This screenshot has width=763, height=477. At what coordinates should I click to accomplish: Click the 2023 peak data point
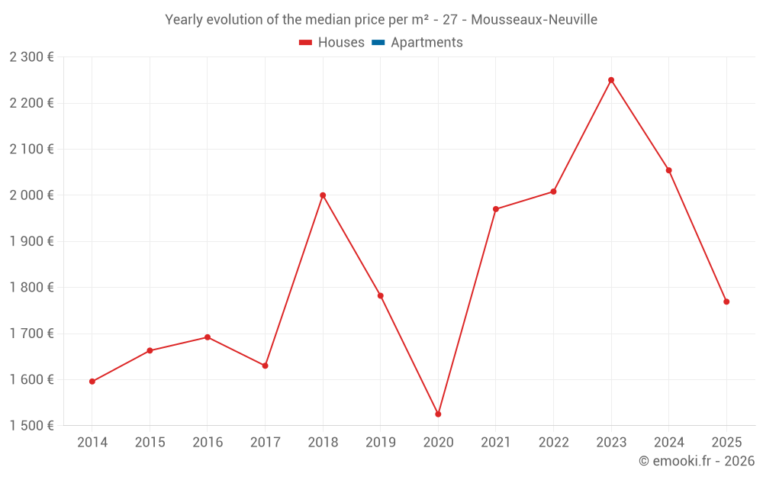[x=611, y=80]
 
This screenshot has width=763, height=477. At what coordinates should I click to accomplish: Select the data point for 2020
[x=438, y=414]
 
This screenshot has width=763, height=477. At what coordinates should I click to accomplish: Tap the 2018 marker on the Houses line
[x=323, y=195]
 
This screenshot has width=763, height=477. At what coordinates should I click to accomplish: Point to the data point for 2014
[x=92, y=382]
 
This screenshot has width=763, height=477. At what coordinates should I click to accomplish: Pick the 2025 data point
[x=726, y=301]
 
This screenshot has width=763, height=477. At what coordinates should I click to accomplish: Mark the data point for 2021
[x=496, y=209]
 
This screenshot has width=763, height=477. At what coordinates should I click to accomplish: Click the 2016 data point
[x=208, y=337]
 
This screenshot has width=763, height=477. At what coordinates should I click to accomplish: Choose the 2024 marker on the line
[x=669, y=170]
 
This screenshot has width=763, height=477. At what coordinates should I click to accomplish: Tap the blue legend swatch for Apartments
[x=378, y=43]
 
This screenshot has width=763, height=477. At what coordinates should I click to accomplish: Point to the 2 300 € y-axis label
[x=31, y=57]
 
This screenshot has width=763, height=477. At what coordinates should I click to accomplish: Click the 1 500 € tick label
[x=31, y=426]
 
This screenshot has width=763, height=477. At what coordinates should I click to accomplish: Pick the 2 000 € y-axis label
[x=31, y=195]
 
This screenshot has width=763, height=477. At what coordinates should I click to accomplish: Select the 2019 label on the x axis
[x=381, y=443]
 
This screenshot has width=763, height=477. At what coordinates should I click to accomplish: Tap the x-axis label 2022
[x=553, y=443]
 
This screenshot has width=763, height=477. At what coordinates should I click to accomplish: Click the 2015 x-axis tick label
[x=150, y=443]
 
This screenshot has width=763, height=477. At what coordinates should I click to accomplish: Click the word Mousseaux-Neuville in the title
[x=534, y=19]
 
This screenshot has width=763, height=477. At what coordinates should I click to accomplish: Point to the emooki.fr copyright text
[x=697, y=461]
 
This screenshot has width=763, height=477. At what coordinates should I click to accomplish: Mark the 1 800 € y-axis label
[x=31, y=288]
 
